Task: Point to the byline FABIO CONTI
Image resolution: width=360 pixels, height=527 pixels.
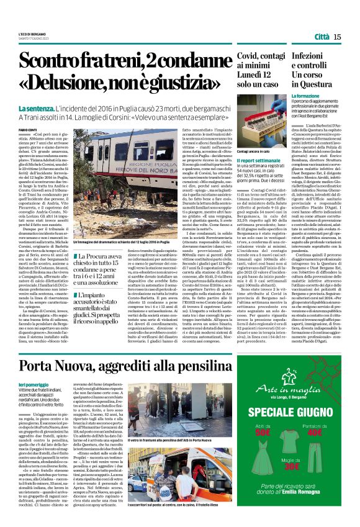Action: tap(28, 128)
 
